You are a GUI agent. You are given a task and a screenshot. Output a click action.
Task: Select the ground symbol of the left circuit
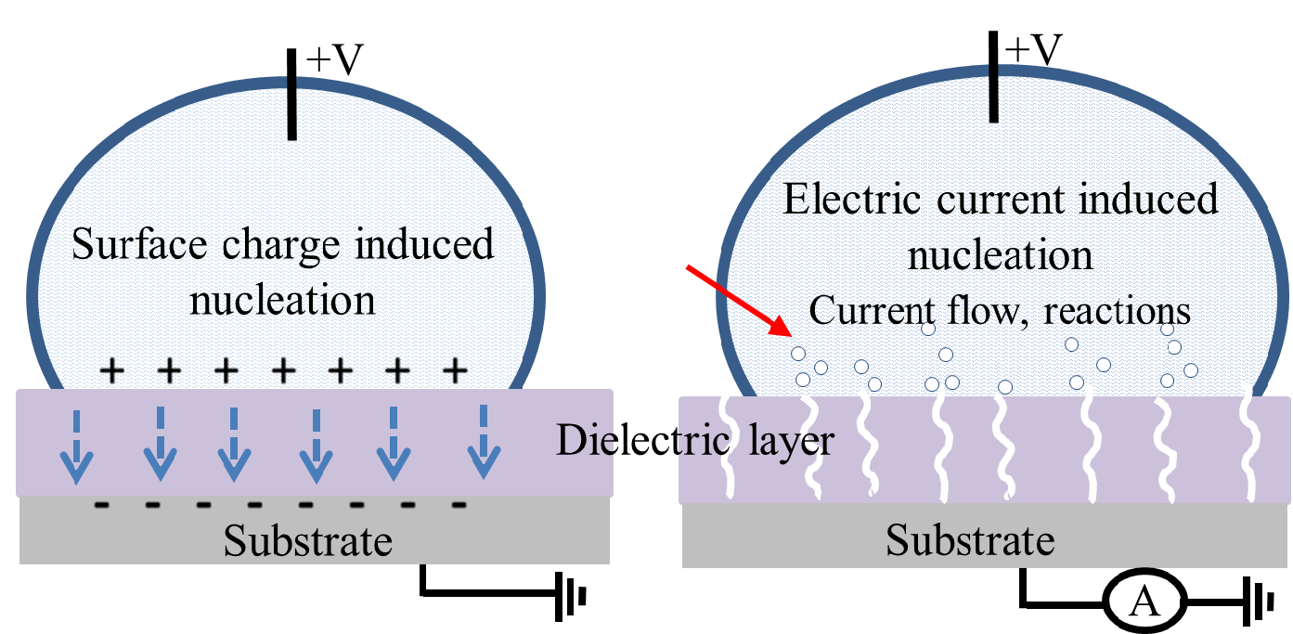pos(570,595)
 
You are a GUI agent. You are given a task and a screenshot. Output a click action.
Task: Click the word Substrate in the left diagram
pos(308,540)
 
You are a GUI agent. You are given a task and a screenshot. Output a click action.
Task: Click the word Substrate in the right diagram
pos(970,539)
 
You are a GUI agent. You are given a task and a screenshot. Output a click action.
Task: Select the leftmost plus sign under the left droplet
pos(112,371)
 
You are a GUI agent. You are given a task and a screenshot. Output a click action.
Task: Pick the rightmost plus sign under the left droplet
pos(454,371)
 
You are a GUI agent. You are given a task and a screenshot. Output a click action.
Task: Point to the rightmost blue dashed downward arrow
pos(482,442)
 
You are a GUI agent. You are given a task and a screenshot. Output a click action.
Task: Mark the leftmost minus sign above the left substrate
pos(101,506)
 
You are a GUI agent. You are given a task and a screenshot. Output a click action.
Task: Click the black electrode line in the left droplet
pos(291,92)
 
